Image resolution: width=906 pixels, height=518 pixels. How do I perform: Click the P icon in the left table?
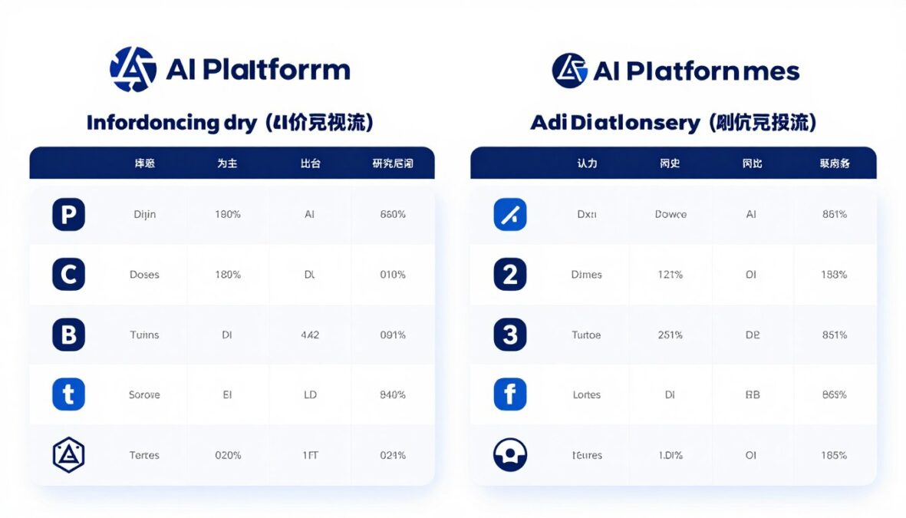68,215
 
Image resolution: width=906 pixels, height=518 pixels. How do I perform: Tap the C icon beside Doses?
68,275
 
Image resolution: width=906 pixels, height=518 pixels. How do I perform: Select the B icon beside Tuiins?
68,335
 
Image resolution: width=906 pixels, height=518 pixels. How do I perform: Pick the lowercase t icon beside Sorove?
68,394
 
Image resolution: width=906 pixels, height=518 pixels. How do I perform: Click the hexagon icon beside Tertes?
68,455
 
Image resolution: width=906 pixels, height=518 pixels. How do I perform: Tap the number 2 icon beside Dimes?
510,275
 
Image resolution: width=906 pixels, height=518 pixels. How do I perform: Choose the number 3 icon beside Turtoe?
510,335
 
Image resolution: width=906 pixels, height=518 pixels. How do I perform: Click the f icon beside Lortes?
510,394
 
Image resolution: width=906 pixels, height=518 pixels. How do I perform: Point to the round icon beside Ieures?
510,455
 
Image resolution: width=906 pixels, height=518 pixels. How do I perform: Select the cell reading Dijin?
144,215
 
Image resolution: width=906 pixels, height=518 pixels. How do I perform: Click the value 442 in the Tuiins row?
310,335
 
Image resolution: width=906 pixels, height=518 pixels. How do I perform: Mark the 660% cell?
393,215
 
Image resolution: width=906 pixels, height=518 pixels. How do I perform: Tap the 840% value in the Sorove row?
393,394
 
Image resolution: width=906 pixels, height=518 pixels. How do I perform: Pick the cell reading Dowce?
670,215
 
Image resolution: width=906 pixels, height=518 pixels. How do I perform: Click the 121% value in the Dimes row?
670,275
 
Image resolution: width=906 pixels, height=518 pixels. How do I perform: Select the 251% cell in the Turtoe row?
670,335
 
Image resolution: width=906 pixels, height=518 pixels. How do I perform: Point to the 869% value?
834,394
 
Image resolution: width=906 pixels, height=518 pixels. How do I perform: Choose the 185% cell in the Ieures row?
834,455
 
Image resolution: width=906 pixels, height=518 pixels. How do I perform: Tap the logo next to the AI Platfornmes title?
569,71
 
